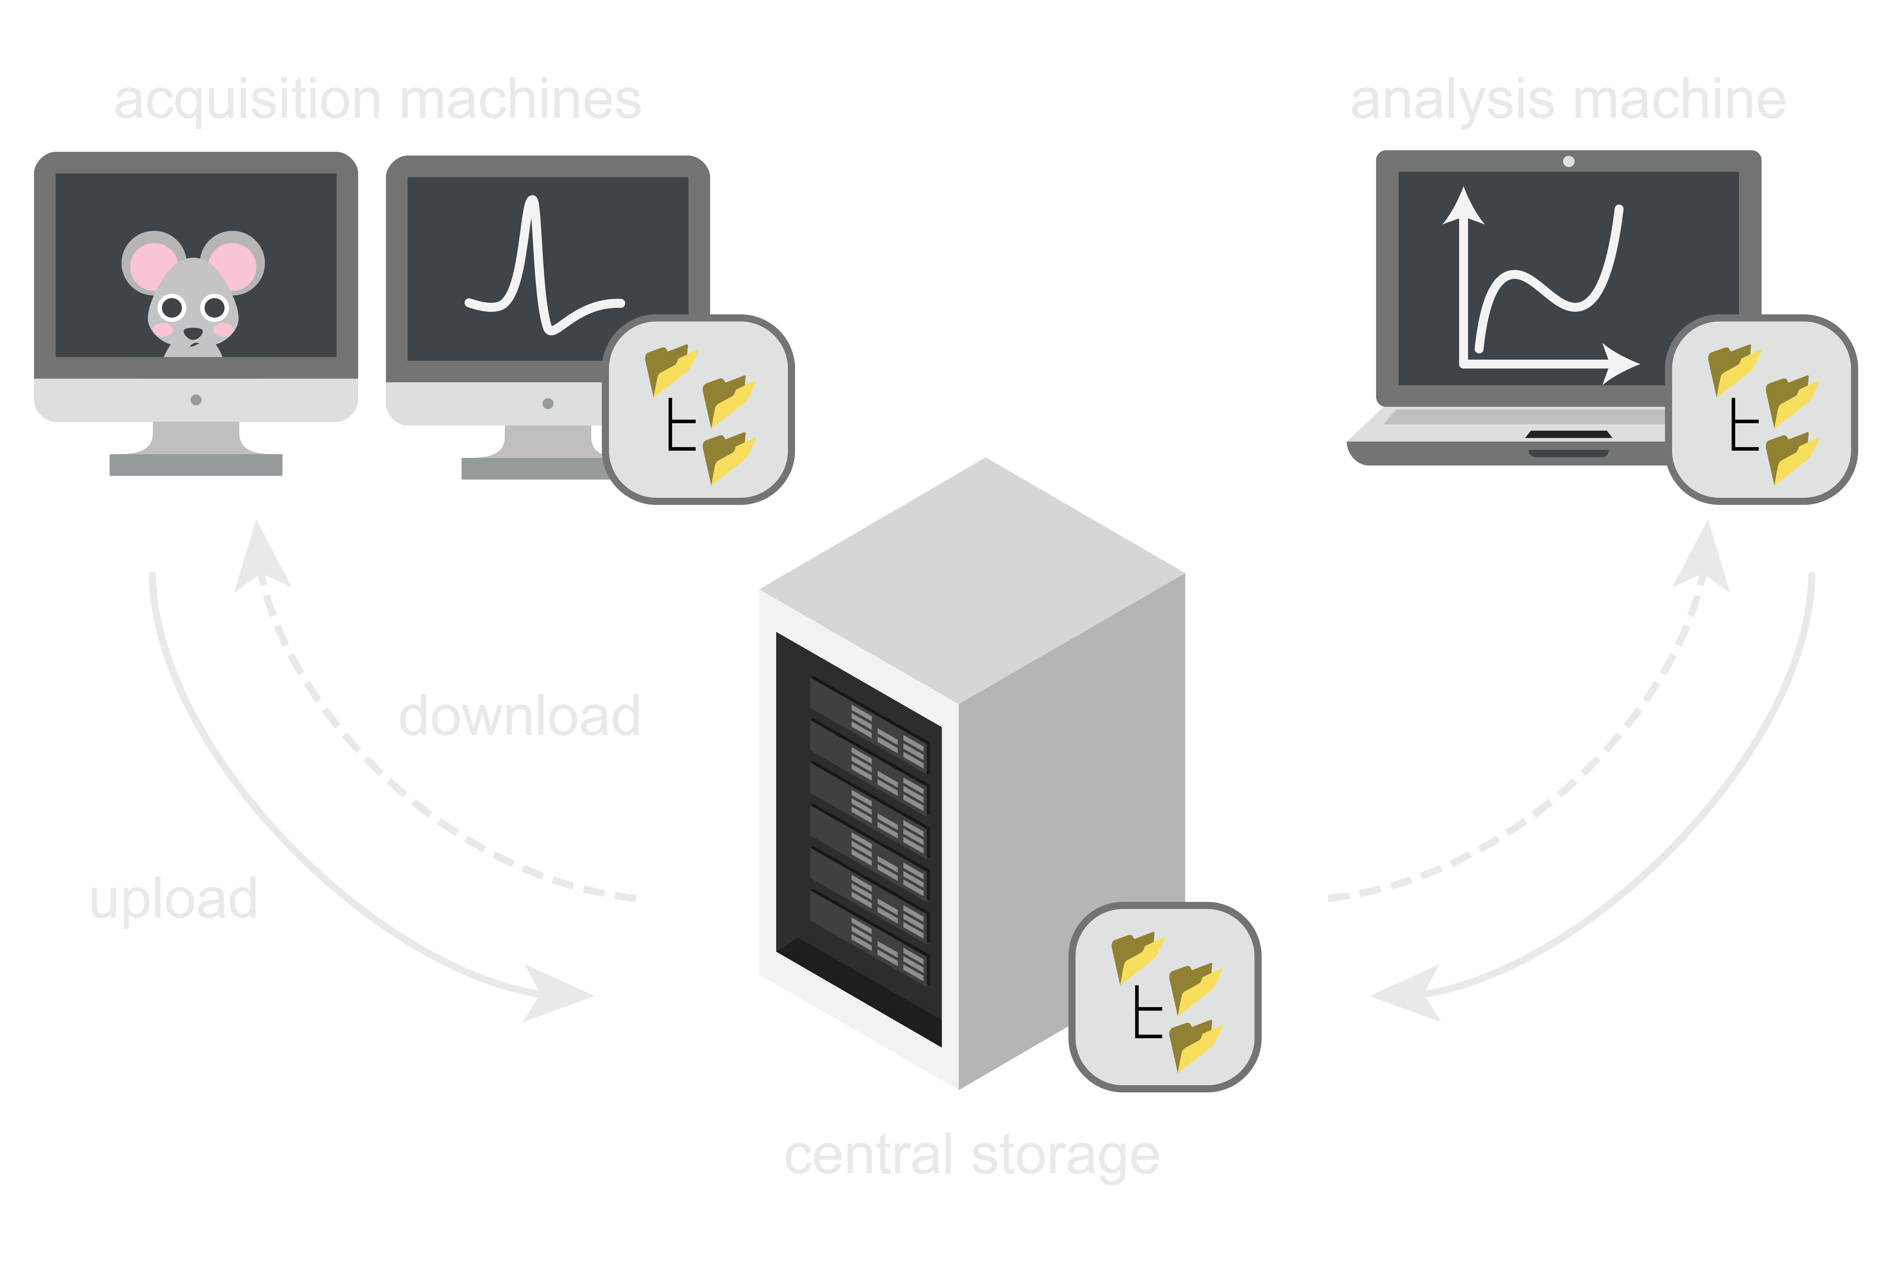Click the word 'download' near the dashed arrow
click(x=519, y=716)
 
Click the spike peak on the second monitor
click(x=531, y=201)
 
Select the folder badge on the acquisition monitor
click(x=698, y=410)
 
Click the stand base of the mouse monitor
click(x=196, y=465)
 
